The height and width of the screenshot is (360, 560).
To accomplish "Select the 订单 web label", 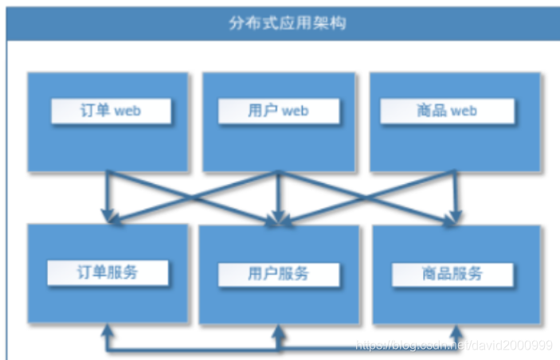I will click(111, 112).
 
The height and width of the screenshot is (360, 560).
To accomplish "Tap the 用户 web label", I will click(277, 112).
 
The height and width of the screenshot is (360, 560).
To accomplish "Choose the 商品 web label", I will click(446, 112).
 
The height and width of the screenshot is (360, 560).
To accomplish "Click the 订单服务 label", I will click(108, 272).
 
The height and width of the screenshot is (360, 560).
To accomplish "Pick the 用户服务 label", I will click(278, 275).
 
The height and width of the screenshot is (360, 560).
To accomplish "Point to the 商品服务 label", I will click(452, 275).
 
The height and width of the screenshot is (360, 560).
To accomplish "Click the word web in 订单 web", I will click(127, 112).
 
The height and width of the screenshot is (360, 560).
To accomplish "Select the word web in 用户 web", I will click(294, 112).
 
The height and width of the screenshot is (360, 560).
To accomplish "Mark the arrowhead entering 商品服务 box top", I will click(456, 217).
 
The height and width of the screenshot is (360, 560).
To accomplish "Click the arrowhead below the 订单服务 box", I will click(108, 330).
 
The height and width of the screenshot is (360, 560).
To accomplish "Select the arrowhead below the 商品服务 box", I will click(456, 330).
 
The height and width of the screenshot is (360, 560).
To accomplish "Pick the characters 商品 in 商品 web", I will click(431, 112).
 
